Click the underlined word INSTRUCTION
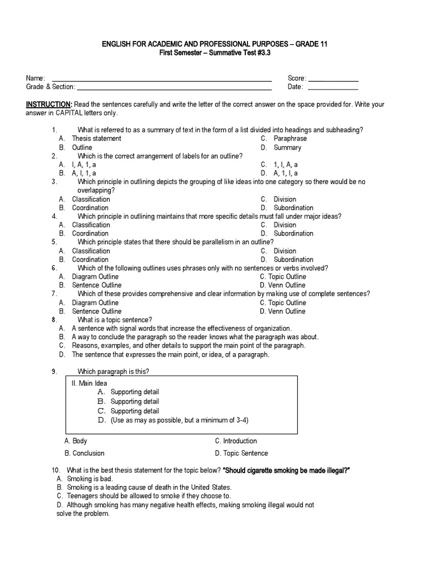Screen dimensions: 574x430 tap(49, 105)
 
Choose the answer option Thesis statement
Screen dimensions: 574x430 tap(96, 138)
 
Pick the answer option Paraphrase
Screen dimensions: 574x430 tap(290, 138)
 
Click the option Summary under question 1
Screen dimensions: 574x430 tap(287, 147)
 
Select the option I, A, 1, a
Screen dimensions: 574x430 tap(84, 165)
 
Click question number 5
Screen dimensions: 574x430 tap(54, 242)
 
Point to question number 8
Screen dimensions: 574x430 tap(54, 320)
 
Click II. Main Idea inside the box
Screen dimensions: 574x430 tap(90, 383)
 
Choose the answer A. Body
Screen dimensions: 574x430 tap(77, 441)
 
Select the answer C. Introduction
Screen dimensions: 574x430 tap(236, 441)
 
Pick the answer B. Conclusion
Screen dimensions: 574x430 tap(85, 453)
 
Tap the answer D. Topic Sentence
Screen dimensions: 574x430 tap(241, 453)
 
